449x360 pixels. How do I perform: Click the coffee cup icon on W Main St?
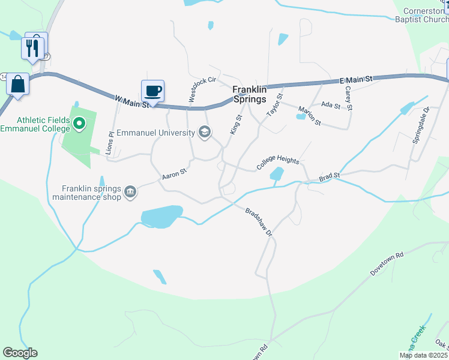pos(152,91)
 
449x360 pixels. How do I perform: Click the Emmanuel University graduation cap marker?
pos(204,132)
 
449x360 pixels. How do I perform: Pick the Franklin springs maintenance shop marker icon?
pos(130,193)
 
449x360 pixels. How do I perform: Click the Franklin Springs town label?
pos(249,94)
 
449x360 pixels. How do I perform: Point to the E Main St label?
pos(356,79)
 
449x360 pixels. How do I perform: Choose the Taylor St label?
pos(274,106)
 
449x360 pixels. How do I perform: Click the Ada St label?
pos(331,105)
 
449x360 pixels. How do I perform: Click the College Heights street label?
pos(277,161)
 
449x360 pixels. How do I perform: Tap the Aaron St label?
pos(175,175)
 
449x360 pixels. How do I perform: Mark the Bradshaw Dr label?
pos(259,221)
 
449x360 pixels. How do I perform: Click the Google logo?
pos(20,353)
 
